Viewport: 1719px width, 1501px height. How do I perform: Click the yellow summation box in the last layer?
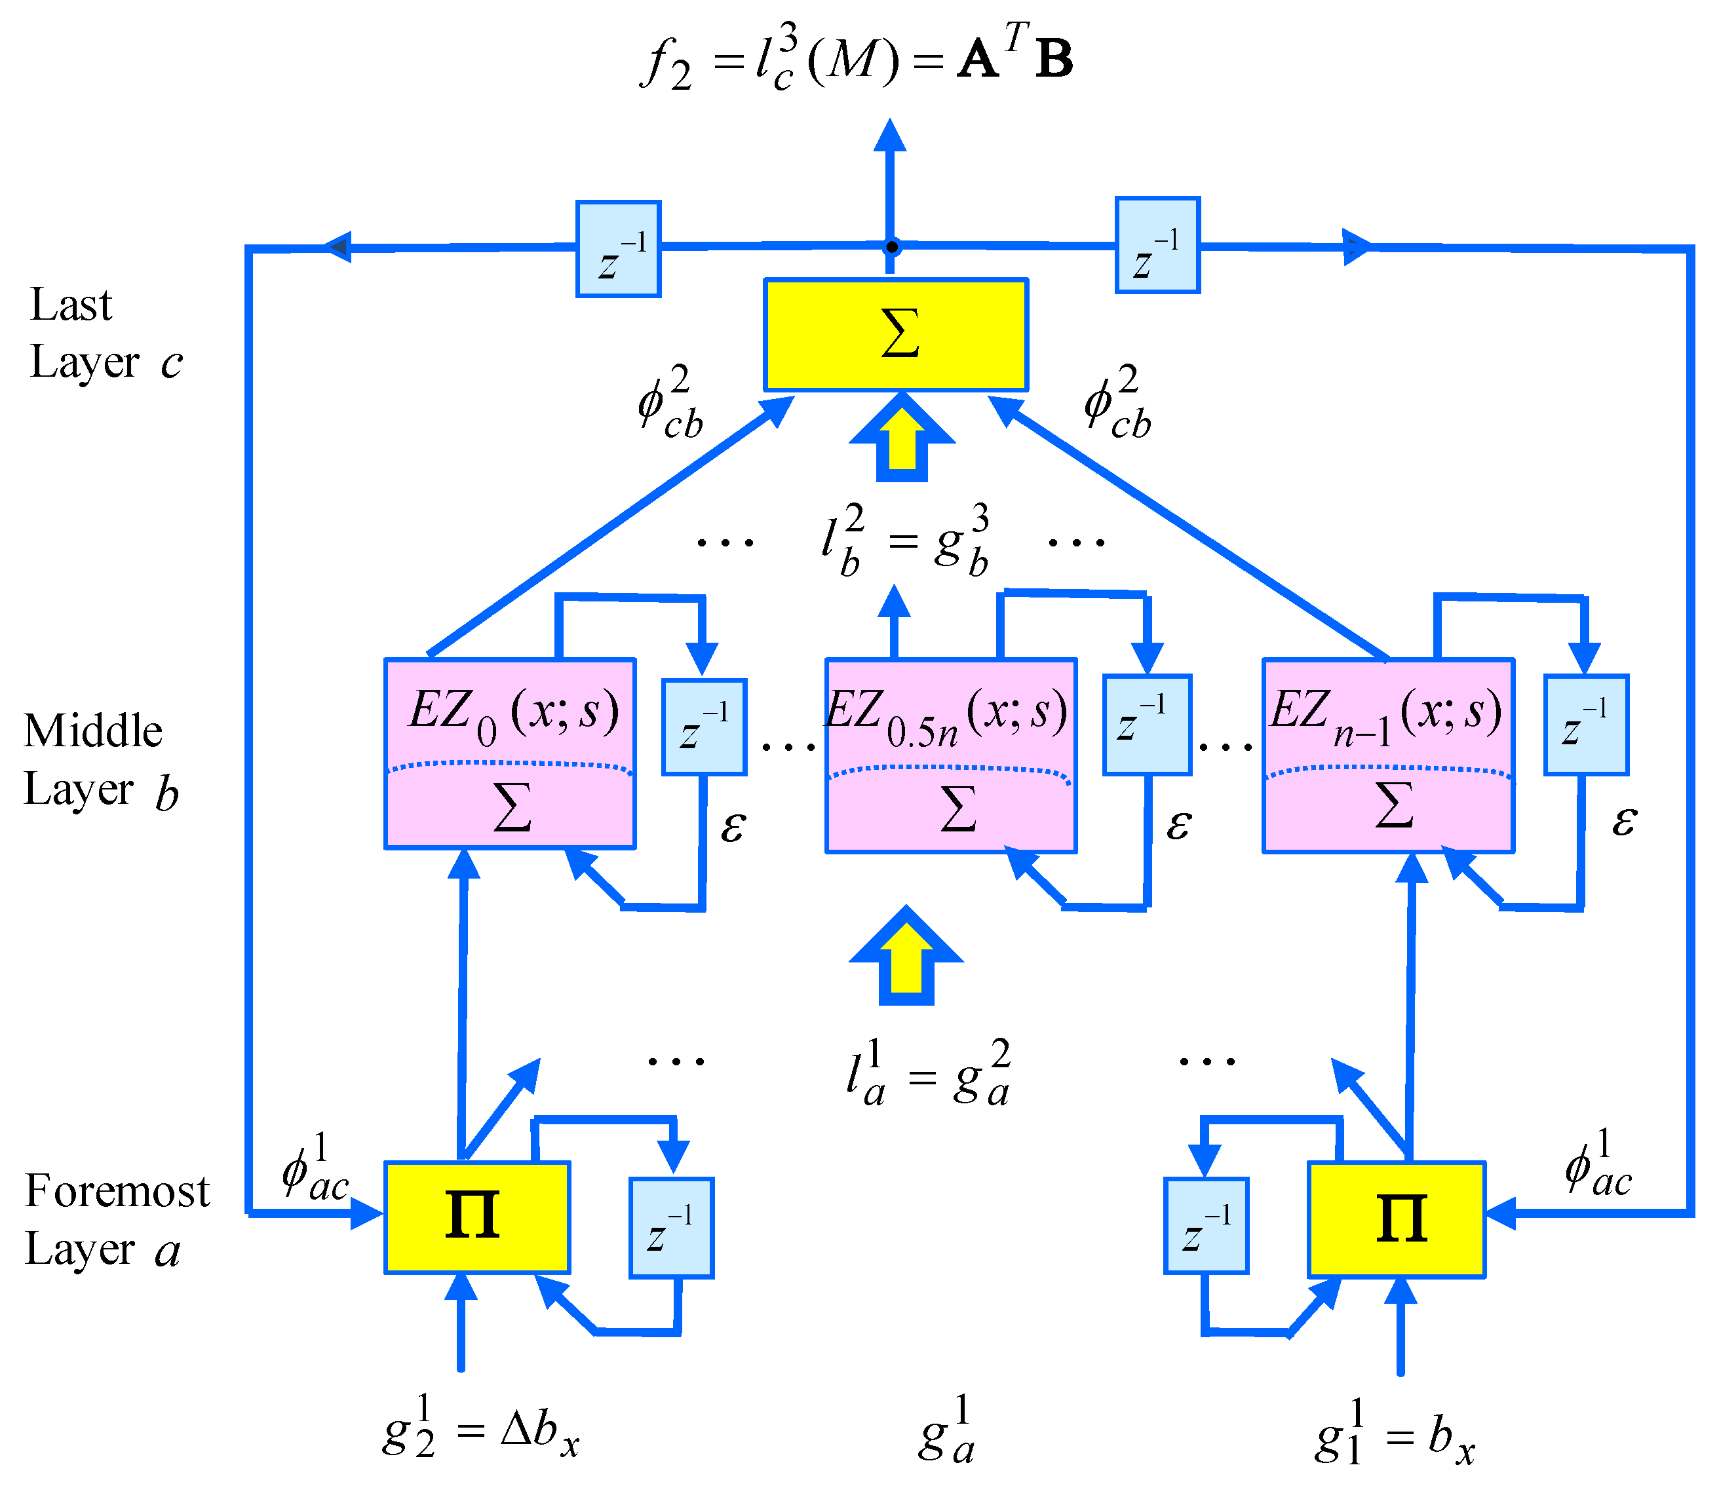895,335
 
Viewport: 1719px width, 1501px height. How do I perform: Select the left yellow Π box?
476,1217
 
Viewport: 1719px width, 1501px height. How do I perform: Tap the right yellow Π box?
1397,1219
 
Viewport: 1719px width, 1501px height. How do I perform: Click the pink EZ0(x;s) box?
509,753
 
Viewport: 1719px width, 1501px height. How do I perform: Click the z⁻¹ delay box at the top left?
618,249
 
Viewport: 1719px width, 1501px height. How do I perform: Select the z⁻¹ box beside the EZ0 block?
704,726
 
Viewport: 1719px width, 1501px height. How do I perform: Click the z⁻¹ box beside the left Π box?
671,1228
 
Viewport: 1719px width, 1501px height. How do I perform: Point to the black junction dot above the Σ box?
892,247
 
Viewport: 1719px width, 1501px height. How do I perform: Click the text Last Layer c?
105,333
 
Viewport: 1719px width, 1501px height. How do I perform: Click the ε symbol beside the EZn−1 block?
1623,821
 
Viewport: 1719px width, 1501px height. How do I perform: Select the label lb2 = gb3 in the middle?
905,541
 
